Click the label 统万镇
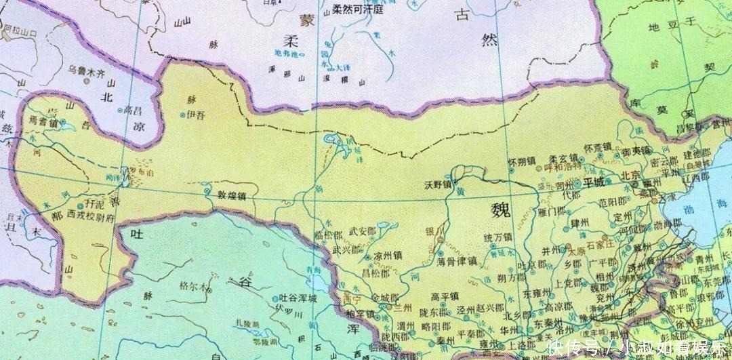(498, 238)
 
